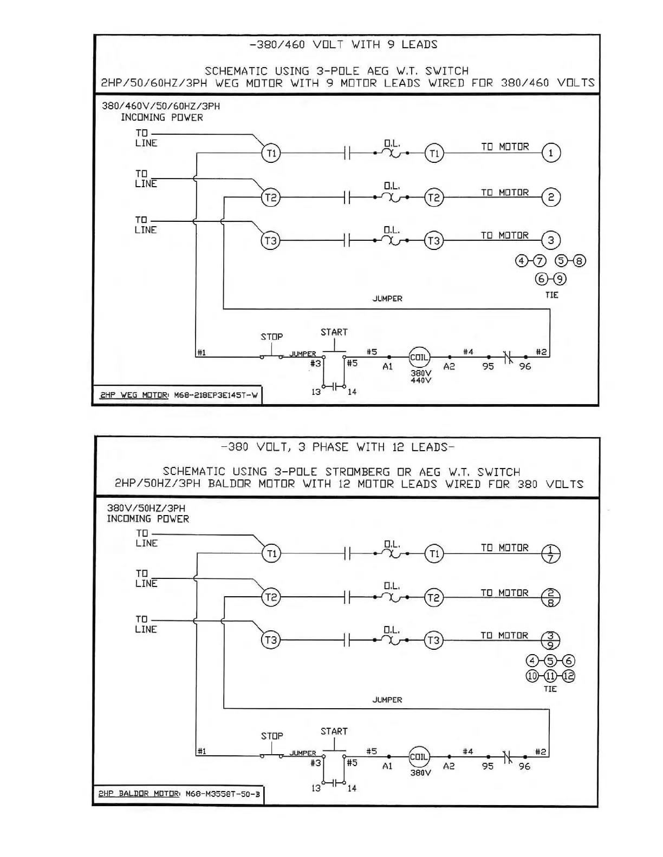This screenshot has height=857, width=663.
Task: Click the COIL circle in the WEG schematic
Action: (x=419, y=357)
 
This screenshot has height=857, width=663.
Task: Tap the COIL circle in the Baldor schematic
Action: (x=419, y=757)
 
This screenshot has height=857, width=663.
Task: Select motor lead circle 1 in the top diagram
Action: (x=551, y=153)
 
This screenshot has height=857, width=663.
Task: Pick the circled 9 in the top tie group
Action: (x=560, y=279)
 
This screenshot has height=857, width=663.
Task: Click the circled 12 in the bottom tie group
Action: (x=568, y=676)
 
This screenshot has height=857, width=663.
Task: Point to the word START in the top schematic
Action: (x=334, y=332)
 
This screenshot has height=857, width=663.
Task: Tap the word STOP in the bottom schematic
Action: (x=272, y=736)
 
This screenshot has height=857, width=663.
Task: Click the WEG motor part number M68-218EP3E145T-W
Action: (x=216, y=395)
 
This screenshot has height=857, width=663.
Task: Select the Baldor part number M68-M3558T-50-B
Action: (x=223, y=794)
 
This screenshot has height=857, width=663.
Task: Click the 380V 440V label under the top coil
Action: (x=421, y=377)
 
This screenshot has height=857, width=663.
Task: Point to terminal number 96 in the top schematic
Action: (x=525, y=366)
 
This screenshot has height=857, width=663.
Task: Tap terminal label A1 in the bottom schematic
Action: (x=387, y=766)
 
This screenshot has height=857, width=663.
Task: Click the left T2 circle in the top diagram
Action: (x=271, y=197)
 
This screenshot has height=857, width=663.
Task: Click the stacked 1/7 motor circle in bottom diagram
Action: (x=551, y=553)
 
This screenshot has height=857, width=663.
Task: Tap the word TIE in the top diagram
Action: (x=551, y=295)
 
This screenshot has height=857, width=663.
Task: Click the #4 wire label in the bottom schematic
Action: (x=467, y=751)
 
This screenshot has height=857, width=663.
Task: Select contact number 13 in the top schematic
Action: (x=316, y=392)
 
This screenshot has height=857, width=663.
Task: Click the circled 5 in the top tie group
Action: (x=561, y=261)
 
